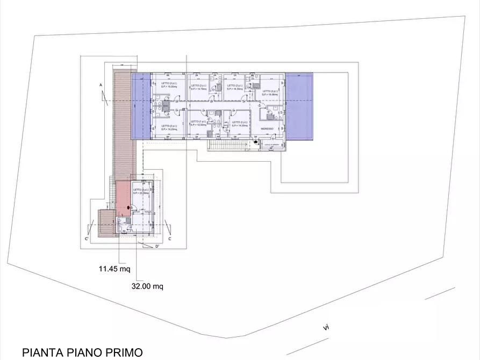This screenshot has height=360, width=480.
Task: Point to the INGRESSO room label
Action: [267, 129]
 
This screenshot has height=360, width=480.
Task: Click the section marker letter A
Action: [101, 85]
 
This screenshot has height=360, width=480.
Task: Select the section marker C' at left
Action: [86, 238]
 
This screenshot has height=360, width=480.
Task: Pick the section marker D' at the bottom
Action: [157, 247]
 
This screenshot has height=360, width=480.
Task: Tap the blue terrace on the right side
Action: [298, 106]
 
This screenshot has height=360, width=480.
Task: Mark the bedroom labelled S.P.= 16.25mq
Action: [169, 128]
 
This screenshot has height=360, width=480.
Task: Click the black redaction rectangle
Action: [382, 323]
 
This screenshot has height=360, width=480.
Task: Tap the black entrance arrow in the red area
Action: [127, 208]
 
